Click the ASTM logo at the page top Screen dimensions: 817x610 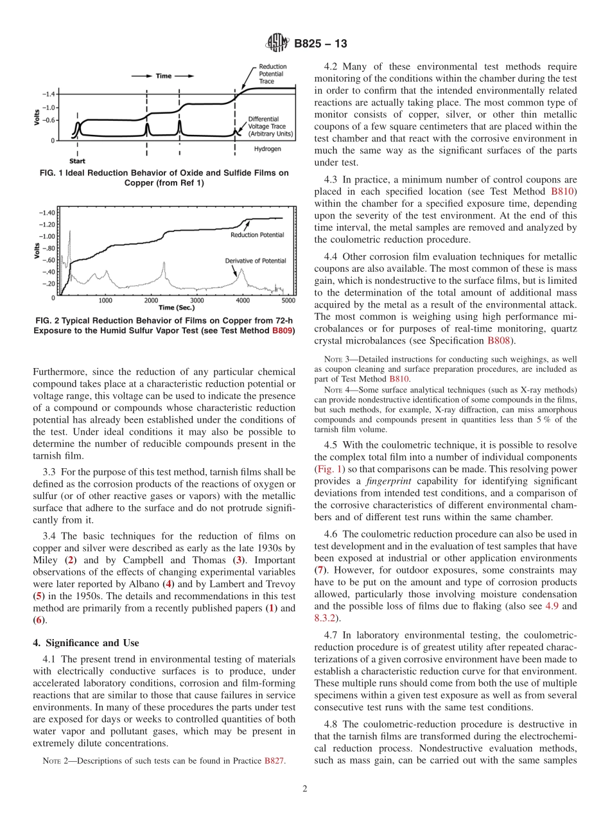277,44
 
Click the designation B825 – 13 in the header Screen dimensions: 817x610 320,44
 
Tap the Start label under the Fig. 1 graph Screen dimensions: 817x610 78,161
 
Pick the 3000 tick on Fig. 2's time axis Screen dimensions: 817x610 197,301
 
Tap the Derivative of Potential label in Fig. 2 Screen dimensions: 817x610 255,261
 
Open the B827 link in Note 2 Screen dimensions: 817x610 275,760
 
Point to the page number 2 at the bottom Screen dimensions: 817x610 305,789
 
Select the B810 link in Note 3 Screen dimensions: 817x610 399,379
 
